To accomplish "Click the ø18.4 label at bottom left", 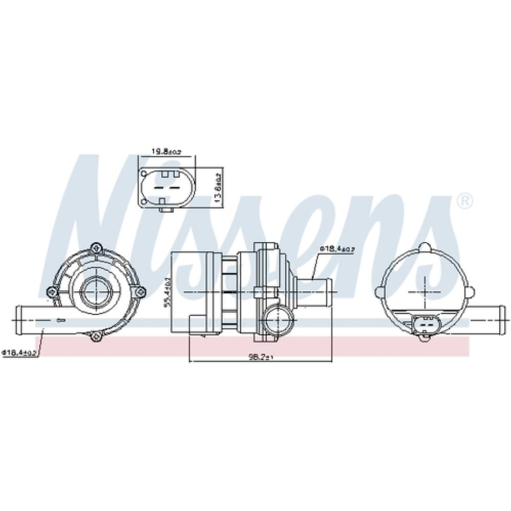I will click(21, 353).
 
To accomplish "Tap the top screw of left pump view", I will click(95, 248).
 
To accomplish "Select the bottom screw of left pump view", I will click(94, 336).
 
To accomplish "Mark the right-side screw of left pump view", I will click(140, 292).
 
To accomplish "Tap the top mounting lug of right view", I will click(424, 247).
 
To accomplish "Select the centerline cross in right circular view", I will click(424, 292).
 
